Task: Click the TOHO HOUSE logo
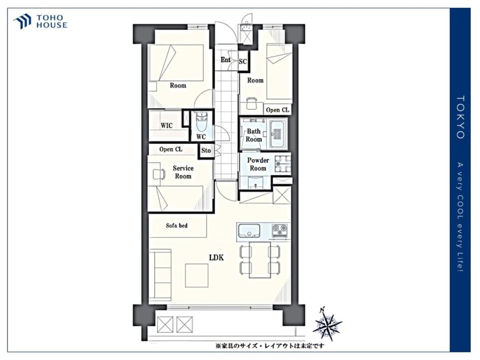pos(40,22)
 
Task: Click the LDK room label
pos(216,258)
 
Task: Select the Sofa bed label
pos(177,226)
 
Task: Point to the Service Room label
pos(183,172)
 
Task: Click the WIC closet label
pos(167,125)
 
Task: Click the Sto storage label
pos(206,151)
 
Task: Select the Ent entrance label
pos(226,60)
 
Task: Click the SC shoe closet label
pos(243,61)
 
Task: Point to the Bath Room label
pos(254,135)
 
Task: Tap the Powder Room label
pos(258,164)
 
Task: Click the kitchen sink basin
pos(249,231)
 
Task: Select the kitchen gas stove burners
pos(280,230)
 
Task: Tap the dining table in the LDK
pos(260,260)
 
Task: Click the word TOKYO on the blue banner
pos(460,117)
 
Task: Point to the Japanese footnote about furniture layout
pos(270,346)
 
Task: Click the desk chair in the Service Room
pos(159,174)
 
